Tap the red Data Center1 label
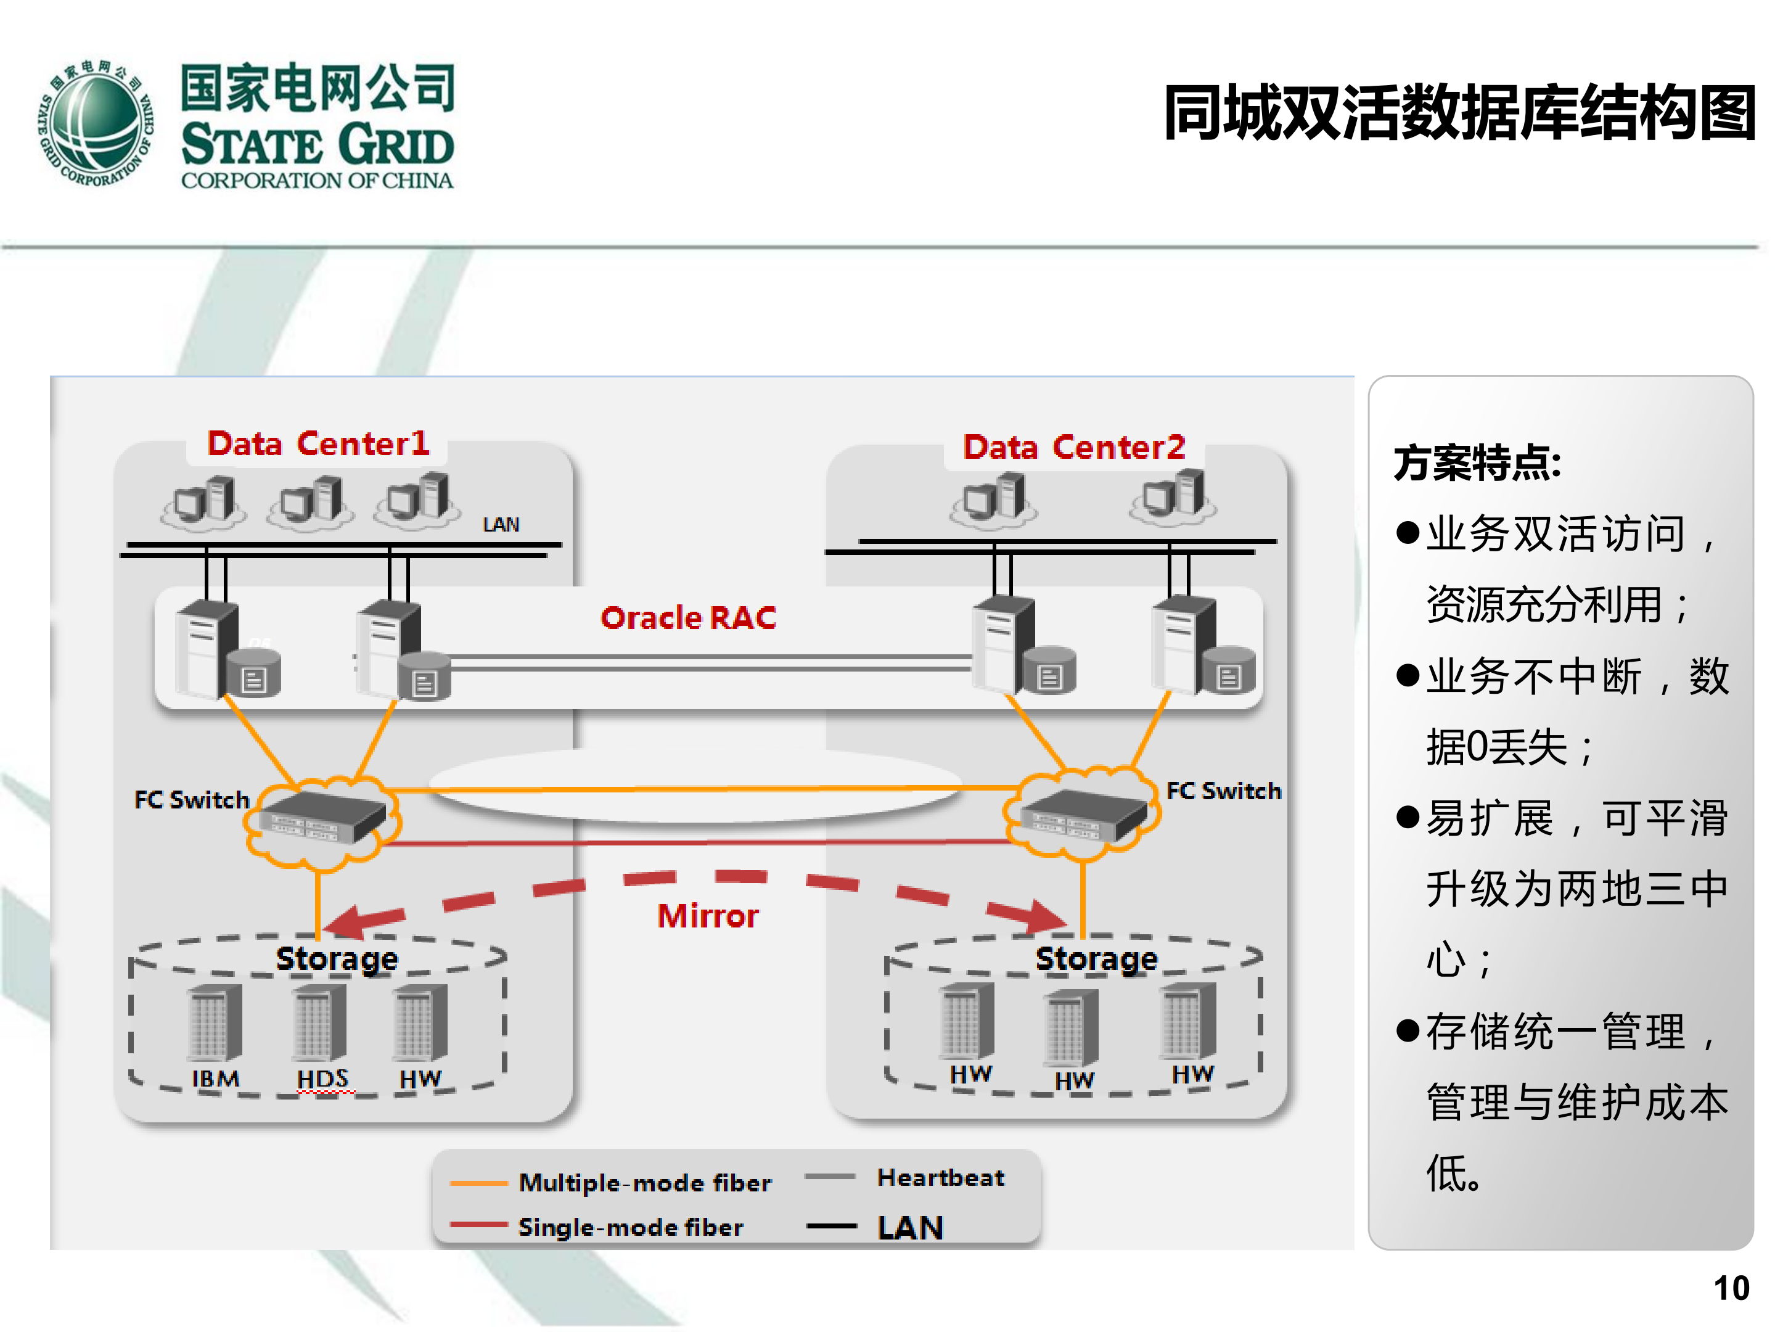(318, 444)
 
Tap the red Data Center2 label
(1073, 447)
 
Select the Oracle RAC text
(689, 618)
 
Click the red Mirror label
(708, 916)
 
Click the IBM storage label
(215, 1079)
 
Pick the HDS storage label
(322, 1079)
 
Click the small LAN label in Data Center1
(501, 525)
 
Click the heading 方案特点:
(1477, 463)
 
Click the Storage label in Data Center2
(1096, 959)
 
